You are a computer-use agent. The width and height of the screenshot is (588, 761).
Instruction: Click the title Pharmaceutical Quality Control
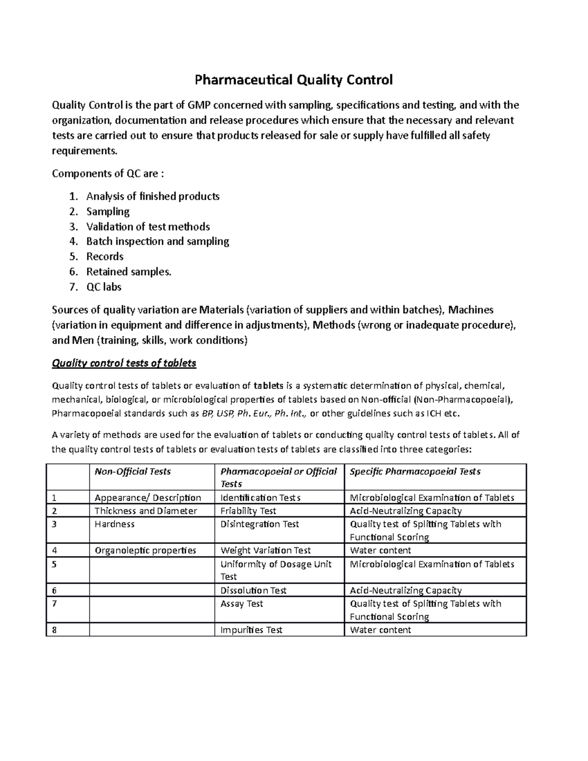[294, 80]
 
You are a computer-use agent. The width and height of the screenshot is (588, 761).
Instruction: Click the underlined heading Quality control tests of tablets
[124, 363]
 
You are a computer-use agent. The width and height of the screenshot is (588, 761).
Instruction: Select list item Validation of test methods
[148, 226]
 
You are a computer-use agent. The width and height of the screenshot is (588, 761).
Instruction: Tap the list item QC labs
[104, 287]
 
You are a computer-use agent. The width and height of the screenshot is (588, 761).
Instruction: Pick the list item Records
[105, 256]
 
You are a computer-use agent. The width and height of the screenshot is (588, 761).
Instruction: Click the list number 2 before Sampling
[73, 212]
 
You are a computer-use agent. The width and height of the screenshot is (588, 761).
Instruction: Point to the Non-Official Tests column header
[133, 471]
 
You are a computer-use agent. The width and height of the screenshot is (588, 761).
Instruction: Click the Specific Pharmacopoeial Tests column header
[415, 471]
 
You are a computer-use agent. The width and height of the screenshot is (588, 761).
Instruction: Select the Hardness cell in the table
[115, 524]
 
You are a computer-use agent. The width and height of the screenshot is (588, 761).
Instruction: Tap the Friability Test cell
[248, 511]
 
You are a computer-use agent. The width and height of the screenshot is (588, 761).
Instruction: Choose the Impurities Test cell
[251, 630]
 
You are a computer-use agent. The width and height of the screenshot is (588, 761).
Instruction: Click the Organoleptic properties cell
[145, 550]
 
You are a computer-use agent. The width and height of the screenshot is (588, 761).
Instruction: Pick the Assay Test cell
[242, 604]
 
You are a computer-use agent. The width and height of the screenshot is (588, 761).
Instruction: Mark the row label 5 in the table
[54, 564]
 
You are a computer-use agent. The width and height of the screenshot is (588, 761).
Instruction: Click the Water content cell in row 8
[380, 630]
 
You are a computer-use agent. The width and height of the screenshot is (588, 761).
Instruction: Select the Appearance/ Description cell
[148, 497]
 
